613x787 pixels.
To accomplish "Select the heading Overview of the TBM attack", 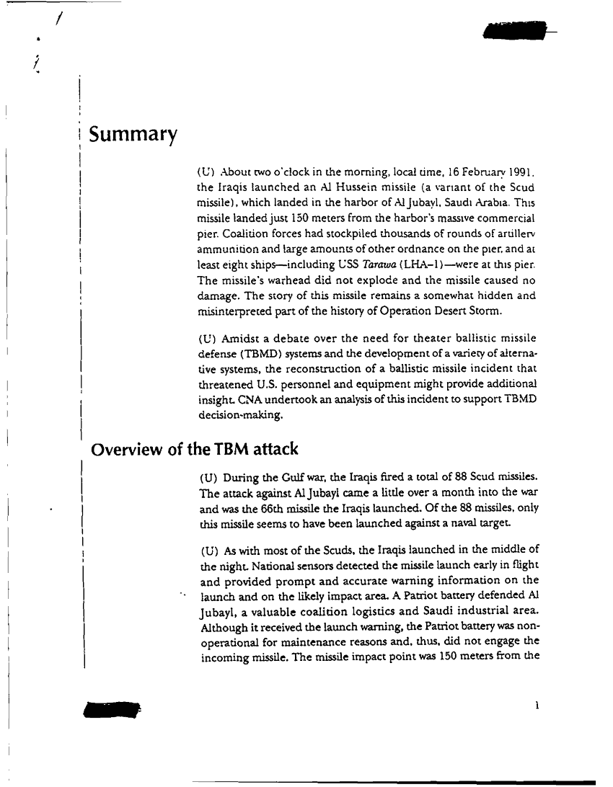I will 194,450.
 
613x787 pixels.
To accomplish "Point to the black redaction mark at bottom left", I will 111,709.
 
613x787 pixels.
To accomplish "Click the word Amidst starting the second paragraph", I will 239,338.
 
